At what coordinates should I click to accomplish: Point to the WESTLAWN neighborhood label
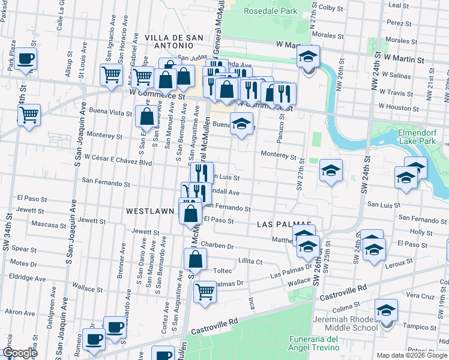tap(150, 211)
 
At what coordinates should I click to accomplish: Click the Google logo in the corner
tap(19, 353)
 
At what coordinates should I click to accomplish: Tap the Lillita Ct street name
tap(250, 262)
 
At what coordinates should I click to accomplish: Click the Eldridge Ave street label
tap(28, 279)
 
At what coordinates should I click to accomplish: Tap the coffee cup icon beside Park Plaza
tap(26, 59)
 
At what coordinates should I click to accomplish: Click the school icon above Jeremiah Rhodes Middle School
tap(386, 310)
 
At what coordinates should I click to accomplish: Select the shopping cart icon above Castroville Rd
tap(205, 292)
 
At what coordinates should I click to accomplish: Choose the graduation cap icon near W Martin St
tap(308, 56)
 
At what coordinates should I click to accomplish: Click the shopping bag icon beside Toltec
tap(195, 259)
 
